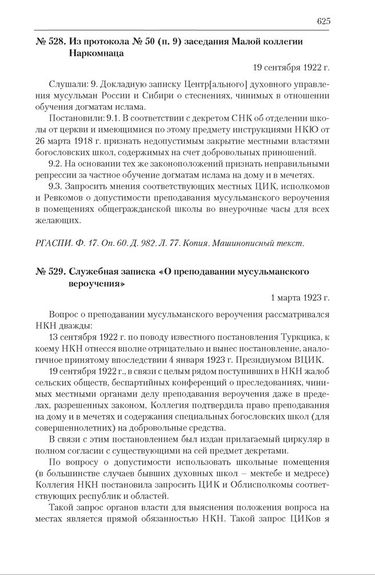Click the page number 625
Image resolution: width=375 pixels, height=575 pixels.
tap(323, 21)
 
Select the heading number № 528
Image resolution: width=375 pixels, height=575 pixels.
tap(49, 41)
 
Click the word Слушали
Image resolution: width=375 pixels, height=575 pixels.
tap(68, 85)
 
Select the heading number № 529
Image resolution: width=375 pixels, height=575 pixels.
tap(49, 271)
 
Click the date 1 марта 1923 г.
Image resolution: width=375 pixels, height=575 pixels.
tap(301, 298)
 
